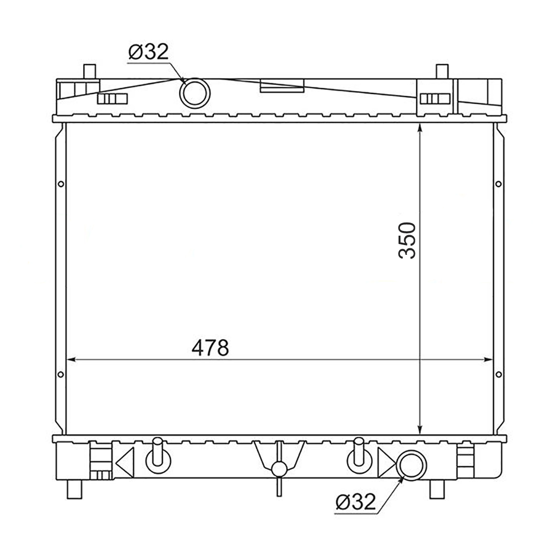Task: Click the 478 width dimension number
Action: tap(210, 348)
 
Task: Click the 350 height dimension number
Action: tap(407, 240)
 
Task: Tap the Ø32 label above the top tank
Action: tap(148, 52)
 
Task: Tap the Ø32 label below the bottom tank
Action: tap(356, 502)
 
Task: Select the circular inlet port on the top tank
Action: tap(195, 93)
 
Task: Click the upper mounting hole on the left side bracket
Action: tap(61, 184)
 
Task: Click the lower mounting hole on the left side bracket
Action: tap(61, 375)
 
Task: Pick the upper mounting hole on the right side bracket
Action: tap(498, 184)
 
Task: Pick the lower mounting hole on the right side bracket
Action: tap(499, 375)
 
